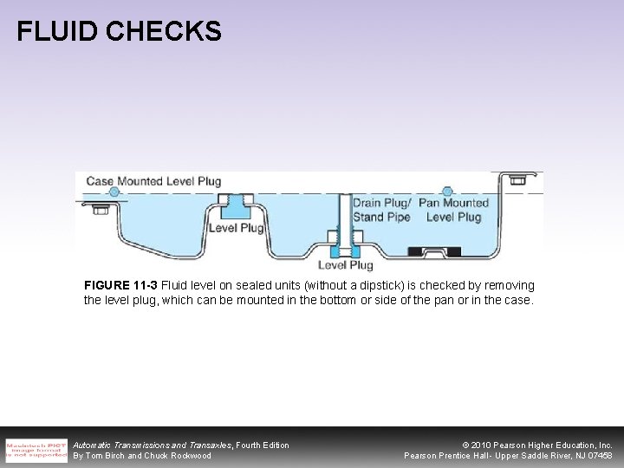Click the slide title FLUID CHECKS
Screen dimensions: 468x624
pos(120,32)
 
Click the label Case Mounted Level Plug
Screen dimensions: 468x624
pos(153,182)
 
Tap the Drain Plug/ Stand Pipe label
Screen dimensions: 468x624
pos(381,211)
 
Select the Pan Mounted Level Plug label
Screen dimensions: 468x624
pos(453,211)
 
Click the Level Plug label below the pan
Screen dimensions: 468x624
pos(345,265)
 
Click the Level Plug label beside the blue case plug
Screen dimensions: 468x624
pos(235,228)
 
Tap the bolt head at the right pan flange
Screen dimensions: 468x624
pos(518,180)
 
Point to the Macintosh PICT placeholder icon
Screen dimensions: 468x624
pos(36,450)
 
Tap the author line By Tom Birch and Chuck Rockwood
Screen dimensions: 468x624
pos(142,456)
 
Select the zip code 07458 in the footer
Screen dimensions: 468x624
pos(598,456)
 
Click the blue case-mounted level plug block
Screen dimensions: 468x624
pos(233,206)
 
